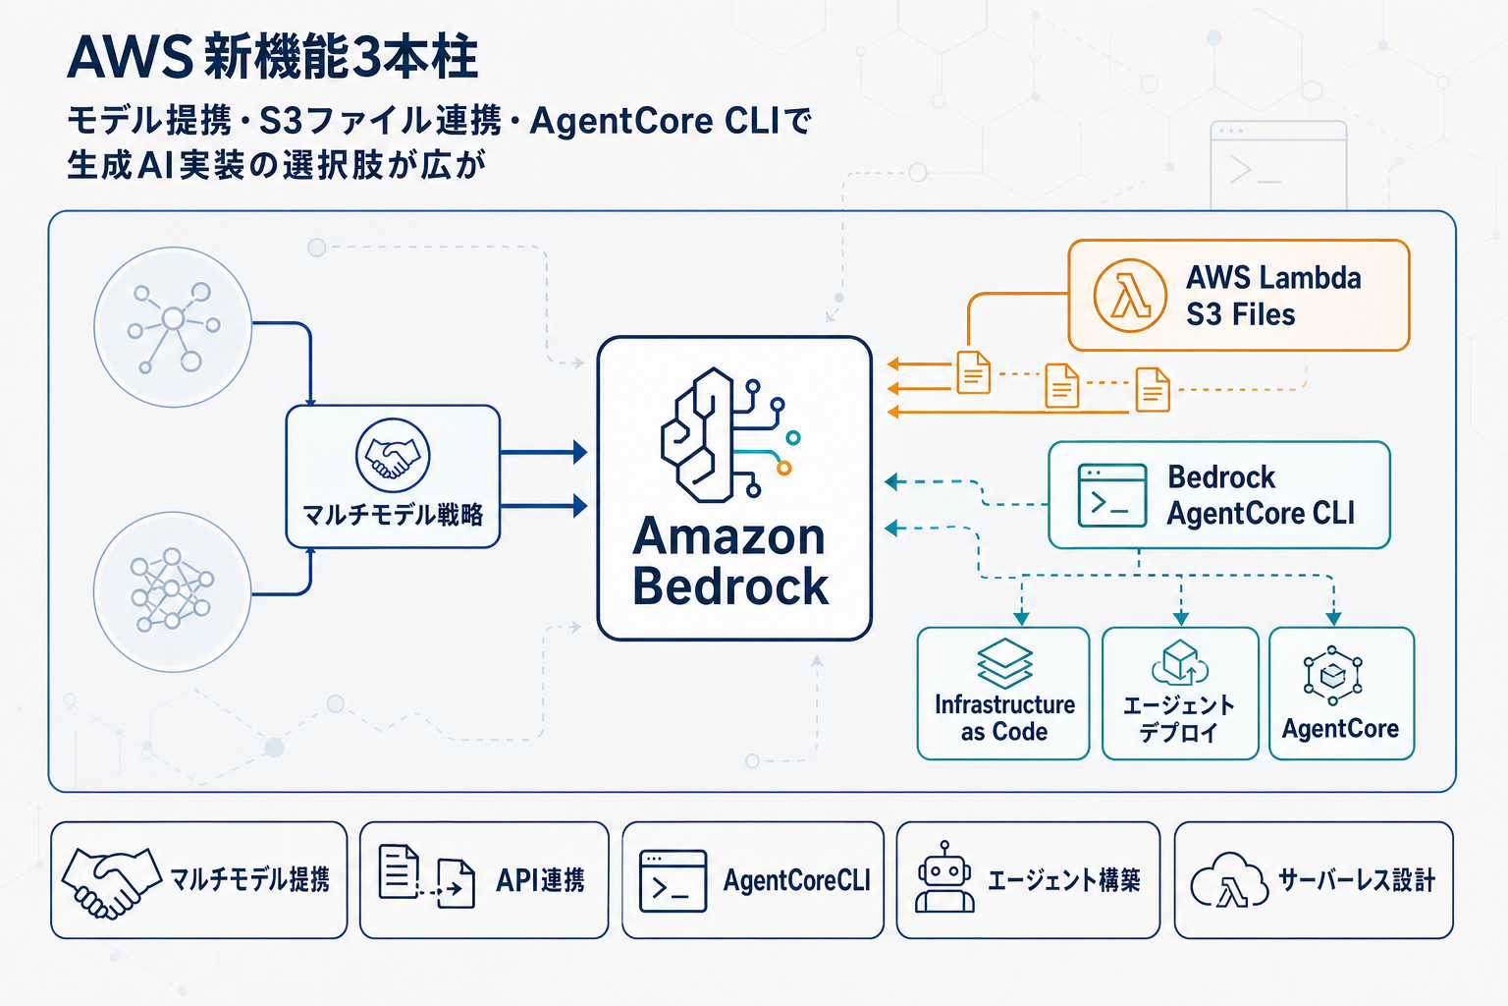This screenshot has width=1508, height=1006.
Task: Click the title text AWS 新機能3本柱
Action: coord(272,57)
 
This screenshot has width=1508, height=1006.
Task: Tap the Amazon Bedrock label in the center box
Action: coord(730,562)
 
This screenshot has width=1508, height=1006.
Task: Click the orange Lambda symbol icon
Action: coord(1130,296)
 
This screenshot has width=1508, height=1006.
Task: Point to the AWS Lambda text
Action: coord(1273,278)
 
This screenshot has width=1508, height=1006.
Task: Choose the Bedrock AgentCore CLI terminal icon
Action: coord(1111,496)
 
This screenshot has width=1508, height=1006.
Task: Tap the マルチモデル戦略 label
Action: coord(393,515)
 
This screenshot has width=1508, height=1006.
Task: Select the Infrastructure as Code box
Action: coord(1003,694)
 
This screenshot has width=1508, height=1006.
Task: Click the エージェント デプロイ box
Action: coord(1180,694)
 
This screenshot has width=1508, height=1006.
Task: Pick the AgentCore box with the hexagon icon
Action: coord(1341,694)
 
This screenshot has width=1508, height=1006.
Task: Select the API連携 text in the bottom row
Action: coord(540,880)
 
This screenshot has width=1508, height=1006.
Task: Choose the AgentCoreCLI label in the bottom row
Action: coord(796,880)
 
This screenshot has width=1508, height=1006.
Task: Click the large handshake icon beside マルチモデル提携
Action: coord(111,881)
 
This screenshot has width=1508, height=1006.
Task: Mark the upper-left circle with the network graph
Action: coord(173,327)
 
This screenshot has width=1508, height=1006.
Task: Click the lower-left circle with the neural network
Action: coord(173,592)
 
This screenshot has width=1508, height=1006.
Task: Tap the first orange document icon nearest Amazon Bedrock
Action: coord(973,373)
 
